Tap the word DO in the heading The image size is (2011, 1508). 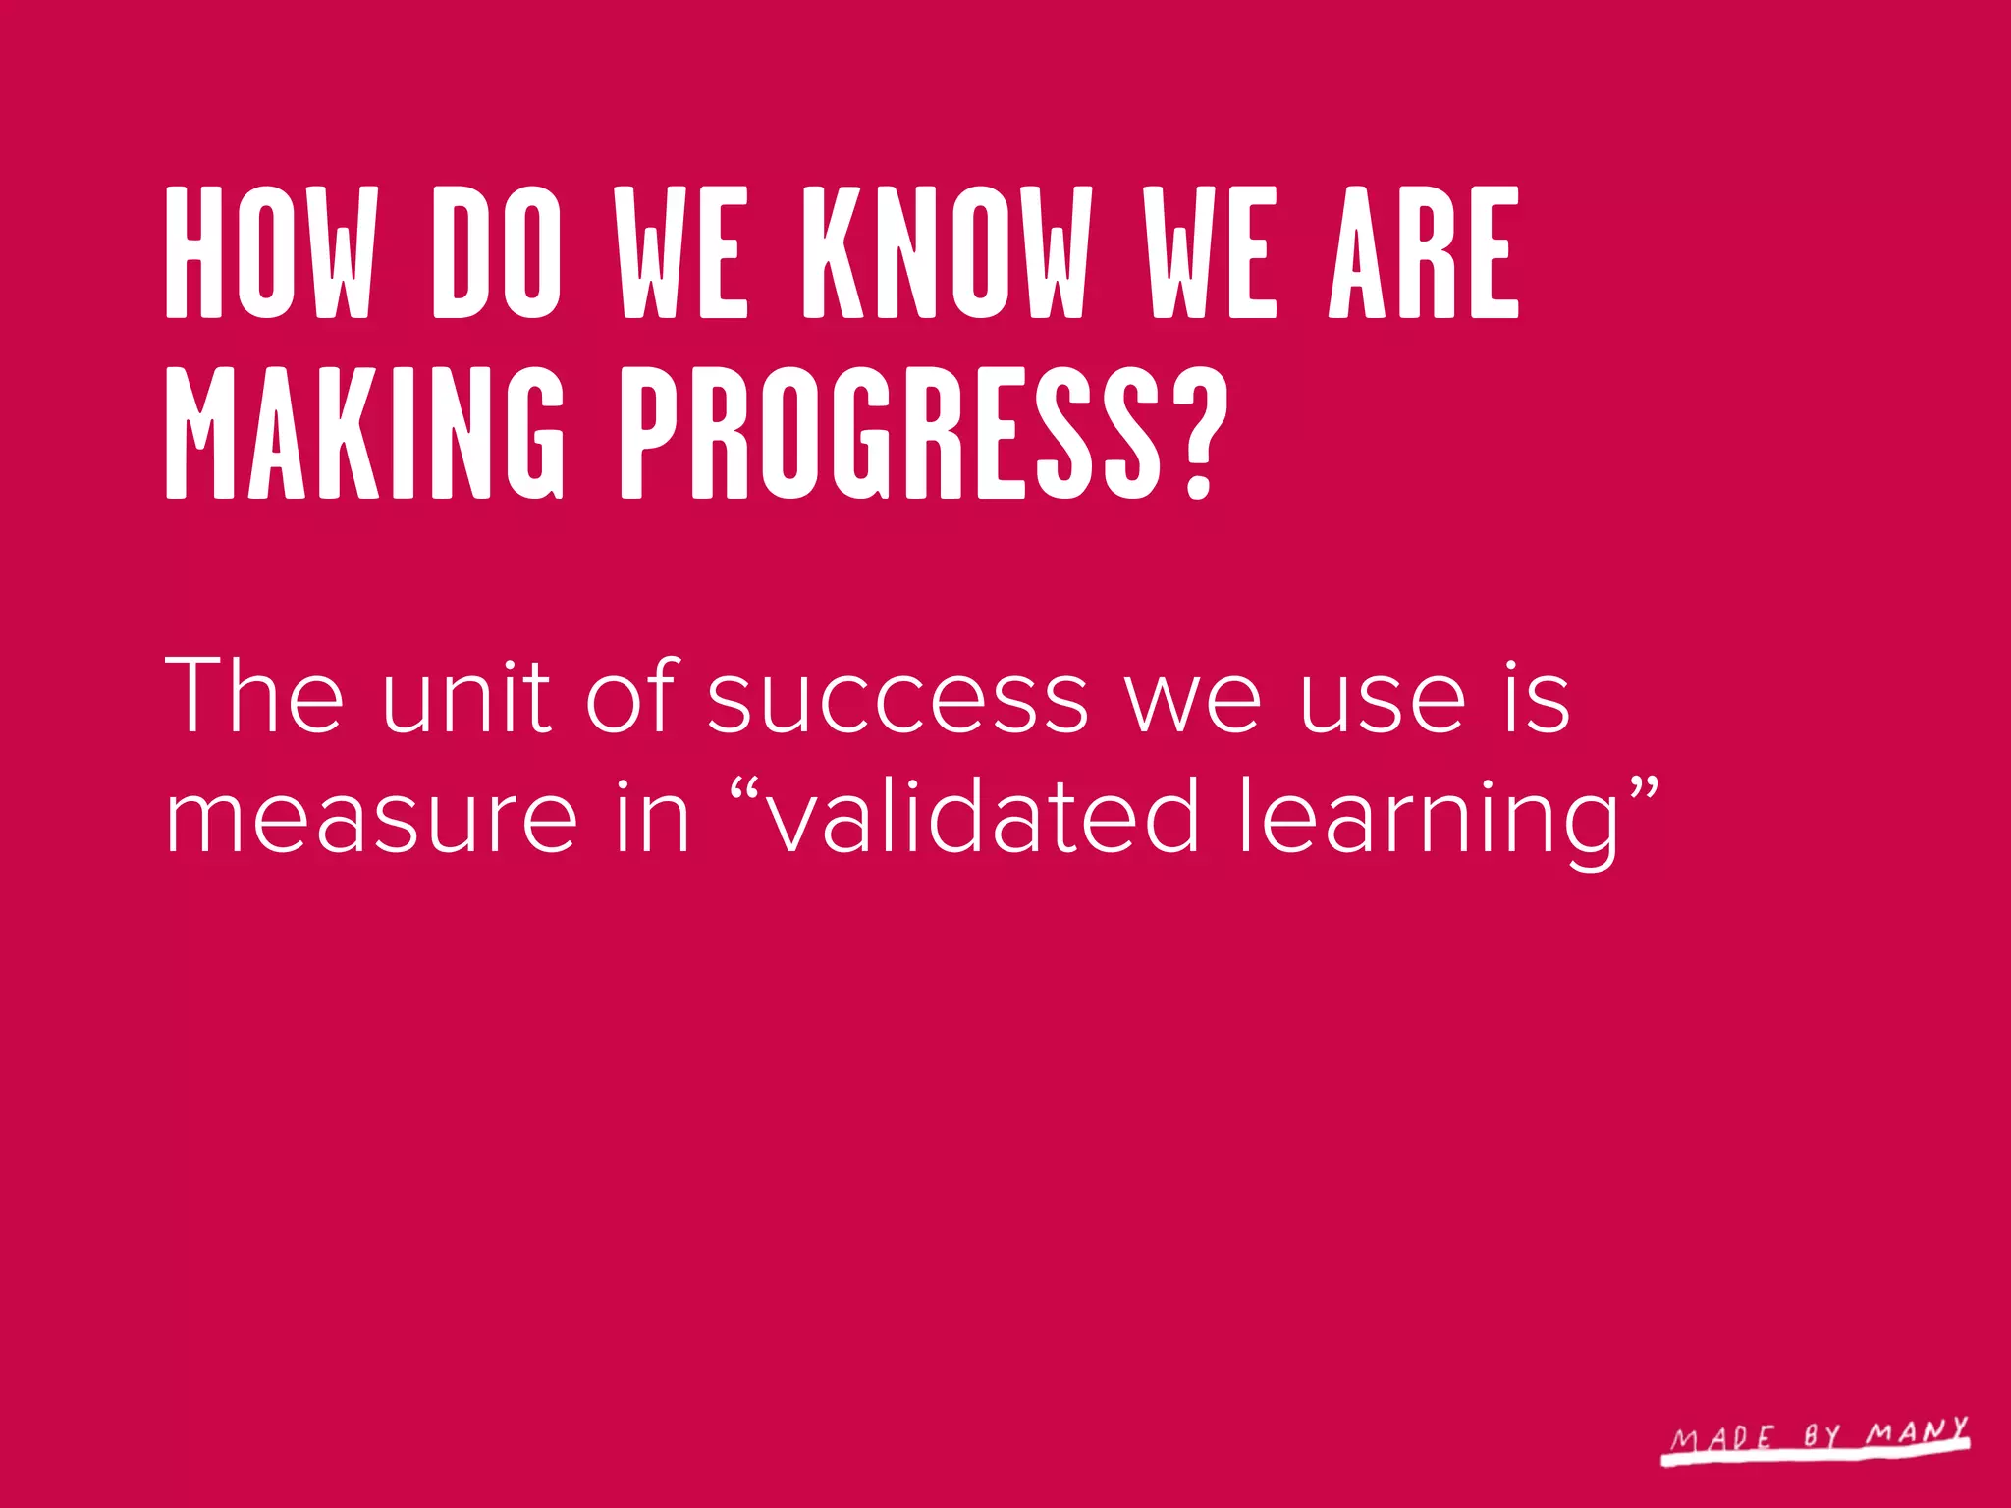(498, 253)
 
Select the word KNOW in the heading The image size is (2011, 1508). (948, 253)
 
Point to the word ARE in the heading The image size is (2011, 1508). (1424, 253)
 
